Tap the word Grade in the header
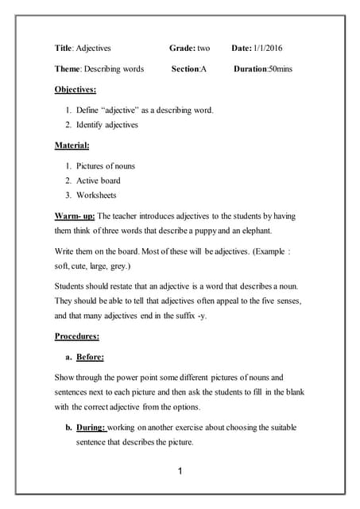pyautogui.click(x=182, y=49)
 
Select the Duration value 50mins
pyautogui.click(x=280, y=69)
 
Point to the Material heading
pyautogui.click(x=72, y=146)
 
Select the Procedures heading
pyautogui.click(x=76, y=336)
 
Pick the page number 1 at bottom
pyautogui.click(x=180, y=472)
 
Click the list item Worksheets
pyautogui.click(x=96, y=195)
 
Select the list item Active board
pyautogui.click(x=99, y=181)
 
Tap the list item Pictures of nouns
pyautogui.click(x=106, y=166)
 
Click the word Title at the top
pyautogui.click(x=63, y=49)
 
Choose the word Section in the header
pyautogui.click(x=185, y=69)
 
